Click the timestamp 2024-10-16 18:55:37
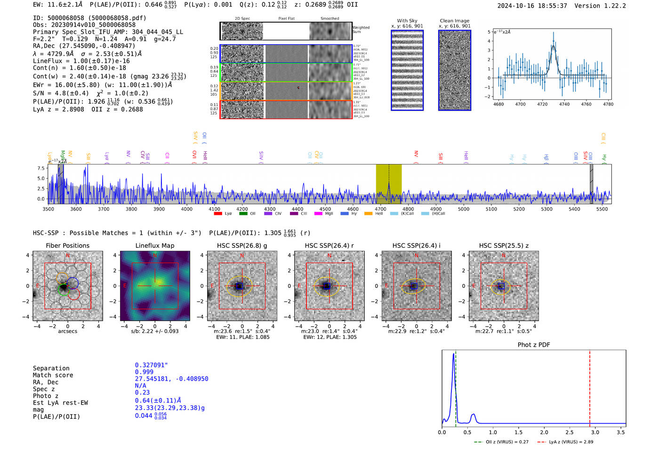point(532,6)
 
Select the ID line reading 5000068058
point(89,18)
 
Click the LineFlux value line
point(81,61)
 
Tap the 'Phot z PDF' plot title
point(534,344)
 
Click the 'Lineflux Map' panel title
point(154,245)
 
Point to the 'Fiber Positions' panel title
point(67,245)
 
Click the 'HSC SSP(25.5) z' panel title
point(504,245)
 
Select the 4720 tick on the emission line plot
point(542,104)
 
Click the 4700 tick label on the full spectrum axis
point(380,209)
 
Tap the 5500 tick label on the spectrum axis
point(602,209)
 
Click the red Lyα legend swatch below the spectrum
point(218,213)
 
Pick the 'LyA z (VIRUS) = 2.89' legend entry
point(571,442)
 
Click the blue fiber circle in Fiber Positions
point(72,283)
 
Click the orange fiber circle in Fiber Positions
point(63,278)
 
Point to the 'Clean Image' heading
point(454,21)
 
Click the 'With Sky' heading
point(407,21)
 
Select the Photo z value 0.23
point(142,392)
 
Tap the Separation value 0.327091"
point(151,365)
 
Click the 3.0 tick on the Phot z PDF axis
point(595,432)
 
